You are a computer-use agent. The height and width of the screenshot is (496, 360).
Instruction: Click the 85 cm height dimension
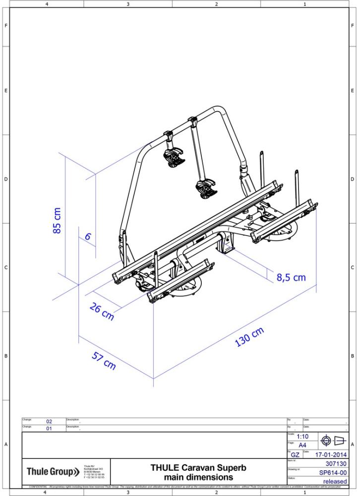[x=58, y=220]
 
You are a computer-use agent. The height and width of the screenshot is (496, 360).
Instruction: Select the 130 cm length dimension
[x=249, y=337]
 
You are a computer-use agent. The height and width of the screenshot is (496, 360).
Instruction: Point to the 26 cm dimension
[x=102, y=312]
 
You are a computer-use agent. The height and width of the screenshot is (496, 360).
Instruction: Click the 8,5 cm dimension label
[x=291, y=277]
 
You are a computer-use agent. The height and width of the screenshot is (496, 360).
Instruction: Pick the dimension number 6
[x=88, y=237]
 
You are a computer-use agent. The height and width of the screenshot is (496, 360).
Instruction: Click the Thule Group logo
[x=53, y=471]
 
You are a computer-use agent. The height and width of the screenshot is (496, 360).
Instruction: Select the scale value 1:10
[x=303, y=436]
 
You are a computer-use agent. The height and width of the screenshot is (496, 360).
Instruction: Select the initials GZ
[x=295, y=454]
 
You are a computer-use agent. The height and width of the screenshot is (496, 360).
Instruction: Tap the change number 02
[x=49, y=422]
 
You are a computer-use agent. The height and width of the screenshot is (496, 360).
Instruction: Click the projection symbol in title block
[x=334, y=440]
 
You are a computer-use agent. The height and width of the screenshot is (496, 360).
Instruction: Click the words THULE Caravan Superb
[x=198, y=468]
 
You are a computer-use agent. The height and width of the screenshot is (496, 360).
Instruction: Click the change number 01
[x=49, y=429]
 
